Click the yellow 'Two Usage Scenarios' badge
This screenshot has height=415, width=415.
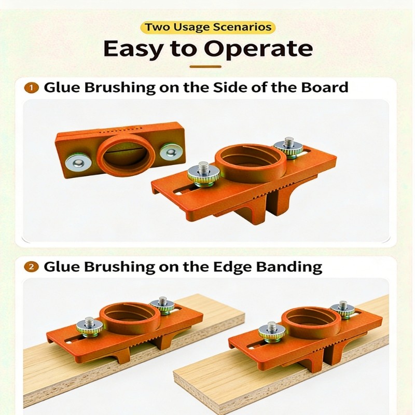pos(208,27)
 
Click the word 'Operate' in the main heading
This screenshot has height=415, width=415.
pos(259,50)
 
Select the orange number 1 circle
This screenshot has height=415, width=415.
pos(33,88)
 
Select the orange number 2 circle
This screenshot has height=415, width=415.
pos(33,267)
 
